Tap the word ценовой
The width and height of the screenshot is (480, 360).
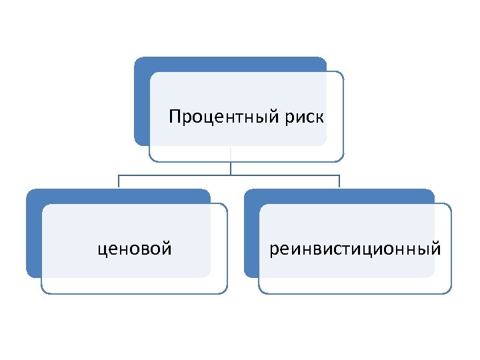click(x=135, y=249)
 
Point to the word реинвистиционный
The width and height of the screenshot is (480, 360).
click(x=355, y=249)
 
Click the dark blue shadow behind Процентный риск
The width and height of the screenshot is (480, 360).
click(x=141, y=100)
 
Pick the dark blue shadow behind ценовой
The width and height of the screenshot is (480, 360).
click(x=33, y=233)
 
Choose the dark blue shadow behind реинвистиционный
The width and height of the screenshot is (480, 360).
click(x=251, y=233)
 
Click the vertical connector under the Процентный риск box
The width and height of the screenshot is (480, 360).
click(x=231, y=165)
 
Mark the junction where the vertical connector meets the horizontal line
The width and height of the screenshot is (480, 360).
click(x=231, y=175)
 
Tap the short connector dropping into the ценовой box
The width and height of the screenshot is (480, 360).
click(x=119, y=181)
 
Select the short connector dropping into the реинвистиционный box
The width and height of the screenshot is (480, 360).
click(x=339, y=181)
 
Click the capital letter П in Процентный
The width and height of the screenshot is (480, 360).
click(x=175, y=117)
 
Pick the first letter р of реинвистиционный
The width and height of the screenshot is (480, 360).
click(x=274, y=251)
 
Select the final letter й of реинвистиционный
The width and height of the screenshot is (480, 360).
click(x=436, y=249)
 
